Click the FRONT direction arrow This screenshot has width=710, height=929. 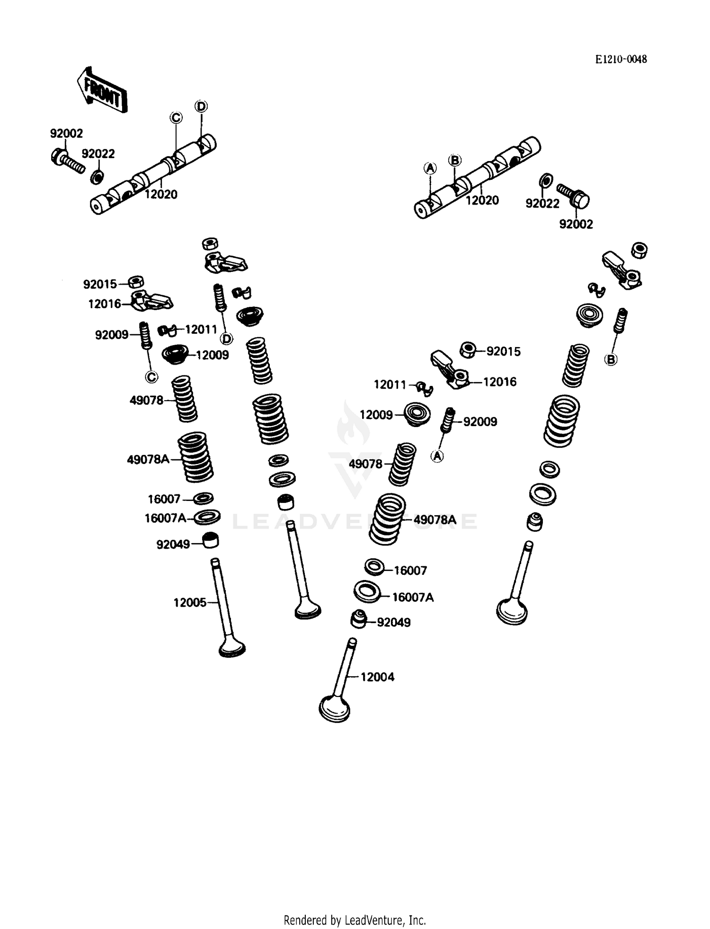coord(102,90)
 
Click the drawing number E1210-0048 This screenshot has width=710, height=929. coord(621,59)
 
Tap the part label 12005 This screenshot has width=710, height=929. coord(189,602)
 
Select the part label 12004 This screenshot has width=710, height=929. coord(377,677)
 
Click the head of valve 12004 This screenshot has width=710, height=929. coord(335,709)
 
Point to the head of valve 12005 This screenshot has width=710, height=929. coord(232,647)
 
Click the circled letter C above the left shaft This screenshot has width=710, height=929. coord(176,117)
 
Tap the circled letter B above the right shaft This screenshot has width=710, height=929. coord(454,160)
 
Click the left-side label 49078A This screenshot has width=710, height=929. coord(148,459)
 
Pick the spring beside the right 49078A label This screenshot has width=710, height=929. coord(387,519)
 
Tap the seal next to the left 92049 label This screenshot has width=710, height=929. coord(211,540)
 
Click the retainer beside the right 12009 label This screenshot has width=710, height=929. coord(417,414)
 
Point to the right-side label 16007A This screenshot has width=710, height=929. coord(413,597)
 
